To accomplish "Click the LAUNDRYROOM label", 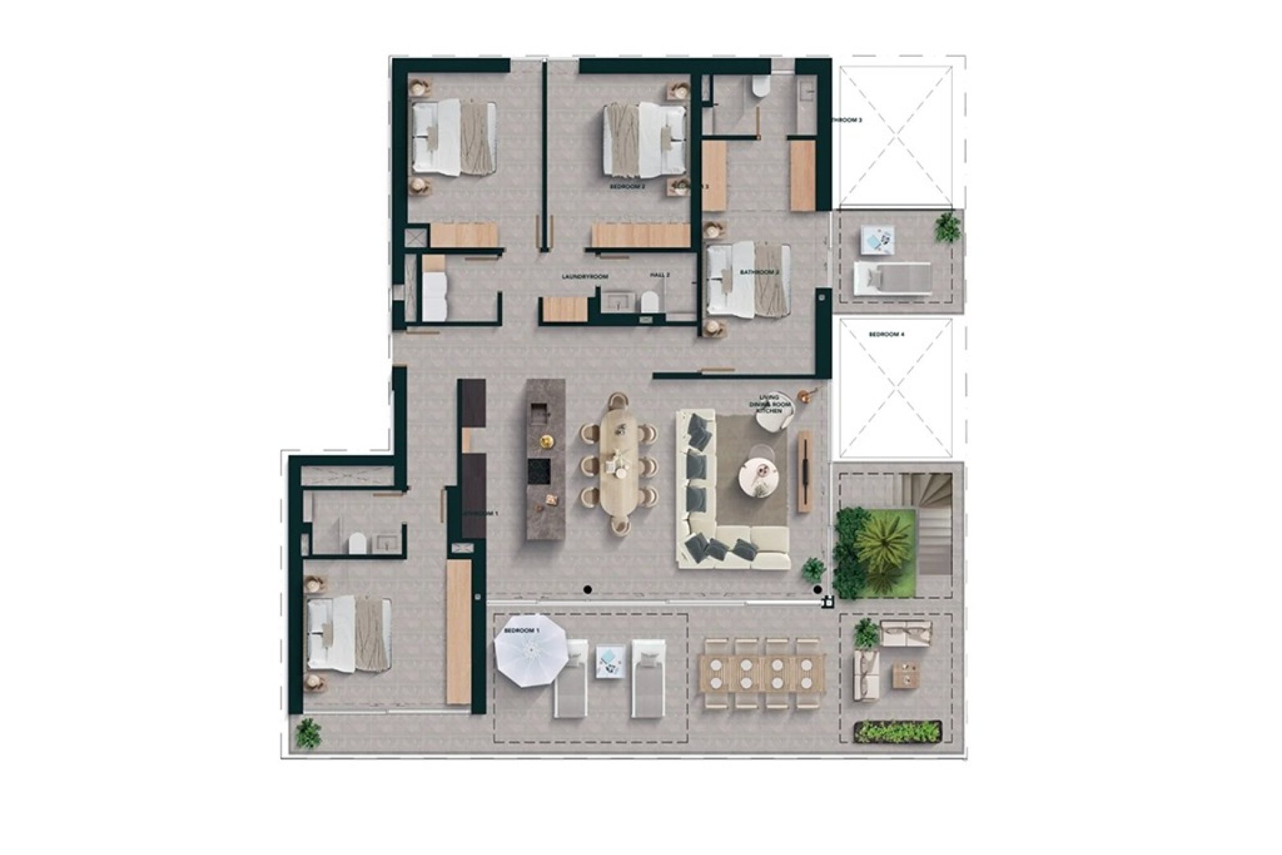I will pyautogui.click(x=585, y=276).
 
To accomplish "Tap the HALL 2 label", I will pyautogui.click(x=660, y=275).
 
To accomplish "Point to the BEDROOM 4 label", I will pyautogui.click(x=886, y=334).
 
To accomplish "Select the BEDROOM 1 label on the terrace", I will pyautogui.click(x=521, y=631).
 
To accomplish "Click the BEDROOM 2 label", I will pyautogui.click(x=627, y=188).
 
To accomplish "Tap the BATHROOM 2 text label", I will pyautogui.click(x=760, y=273).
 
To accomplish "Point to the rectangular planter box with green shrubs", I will pyautogui.click(x=898, y=731).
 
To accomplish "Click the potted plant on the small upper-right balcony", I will pyautogui.click(x=947, y=227).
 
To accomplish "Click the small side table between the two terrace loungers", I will pyautogui.click(x=608, y=661).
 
